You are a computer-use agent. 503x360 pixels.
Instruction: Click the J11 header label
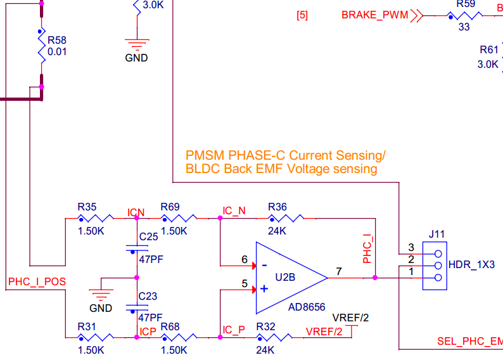coord(436,234)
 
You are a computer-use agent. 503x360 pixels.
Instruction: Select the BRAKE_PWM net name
coord(374,15)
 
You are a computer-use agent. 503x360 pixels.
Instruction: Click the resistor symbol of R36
coord(286,218)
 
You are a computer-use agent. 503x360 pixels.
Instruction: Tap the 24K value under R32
coord(265,349)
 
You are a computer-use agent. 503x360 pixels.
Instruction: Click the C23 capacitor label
coord(148,295)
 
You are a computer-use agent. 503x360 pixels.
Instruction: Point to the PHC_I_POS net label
coord(37,281)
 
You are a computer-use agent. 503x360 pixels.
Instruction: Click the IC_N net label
coord(234,210)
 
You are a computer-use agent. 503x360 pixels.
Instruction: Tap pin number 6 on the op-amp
coord(245,259)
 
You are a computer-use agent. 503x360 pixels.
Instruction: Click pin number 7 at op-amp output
coord(339,271)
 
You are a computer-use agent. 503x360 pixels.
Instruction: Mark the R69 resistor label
coord(170,207)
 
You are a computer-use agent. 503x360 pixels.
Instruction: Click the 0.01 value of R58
coord(57,52)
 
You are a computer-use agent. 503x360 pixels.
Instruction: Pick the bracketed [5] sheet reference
coord(302,15)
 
